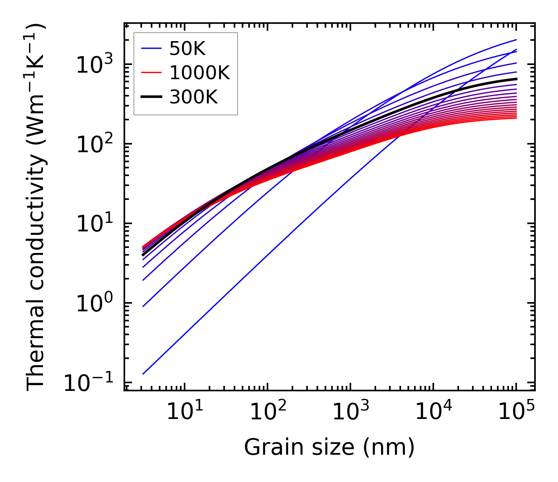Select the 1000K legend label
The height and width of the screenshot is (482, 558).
tap(200, 73)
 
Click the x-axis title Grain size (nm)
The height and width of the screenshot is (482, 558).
tap(329, 447)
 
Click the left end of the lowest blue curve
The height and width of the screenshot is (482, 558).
tap(143, 374)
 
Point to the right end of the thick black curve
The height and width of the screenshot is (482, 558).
tap(516, 79)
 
